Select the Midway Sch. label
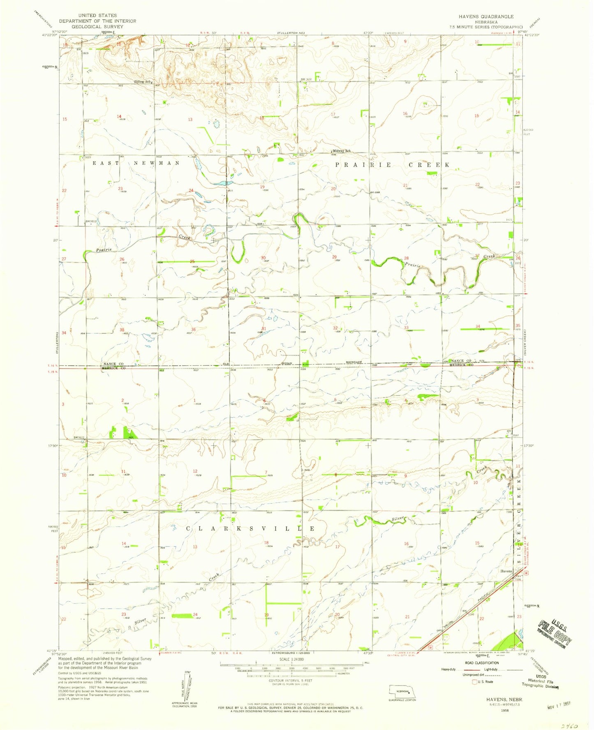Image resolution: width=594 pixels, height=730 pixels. pyautogui.click(x=342, y=151)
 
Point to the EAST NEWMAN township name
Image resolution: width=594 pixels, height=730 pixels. pyautogui.click(x=136, y=163)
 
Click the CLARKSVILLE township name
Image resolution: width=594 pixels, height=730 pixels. pyautogui.click(x=251, y=528)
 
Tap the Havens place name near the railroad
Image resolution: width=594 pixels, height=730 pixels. pyautogui.click(x=506, y=571)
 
